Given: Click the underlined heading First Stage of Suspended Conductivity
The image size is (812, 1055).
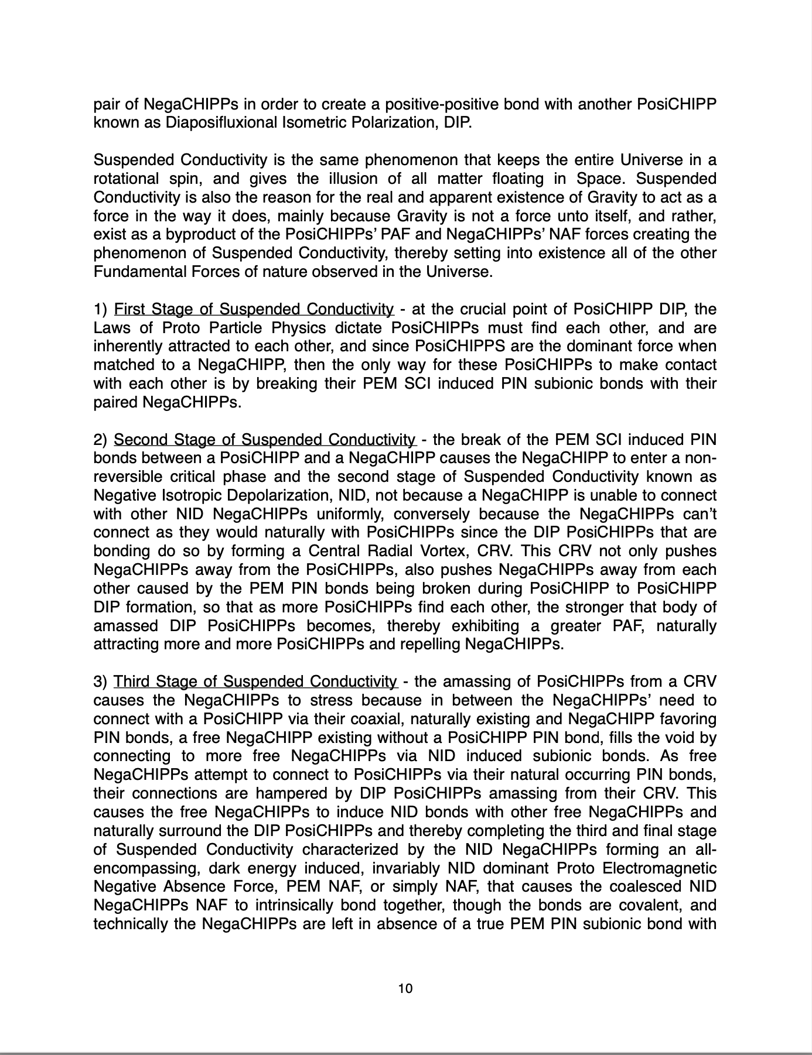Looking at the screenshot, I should [254, 309].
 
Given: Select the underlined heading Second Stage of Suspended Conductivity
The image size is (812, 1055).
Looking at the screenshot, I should [265, 440].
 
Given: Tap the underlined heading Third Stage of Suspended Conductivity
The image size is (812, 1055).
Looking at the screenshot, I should [255, 682].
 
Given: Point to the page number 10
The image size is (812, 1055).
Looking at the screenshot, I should [405, 989].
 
